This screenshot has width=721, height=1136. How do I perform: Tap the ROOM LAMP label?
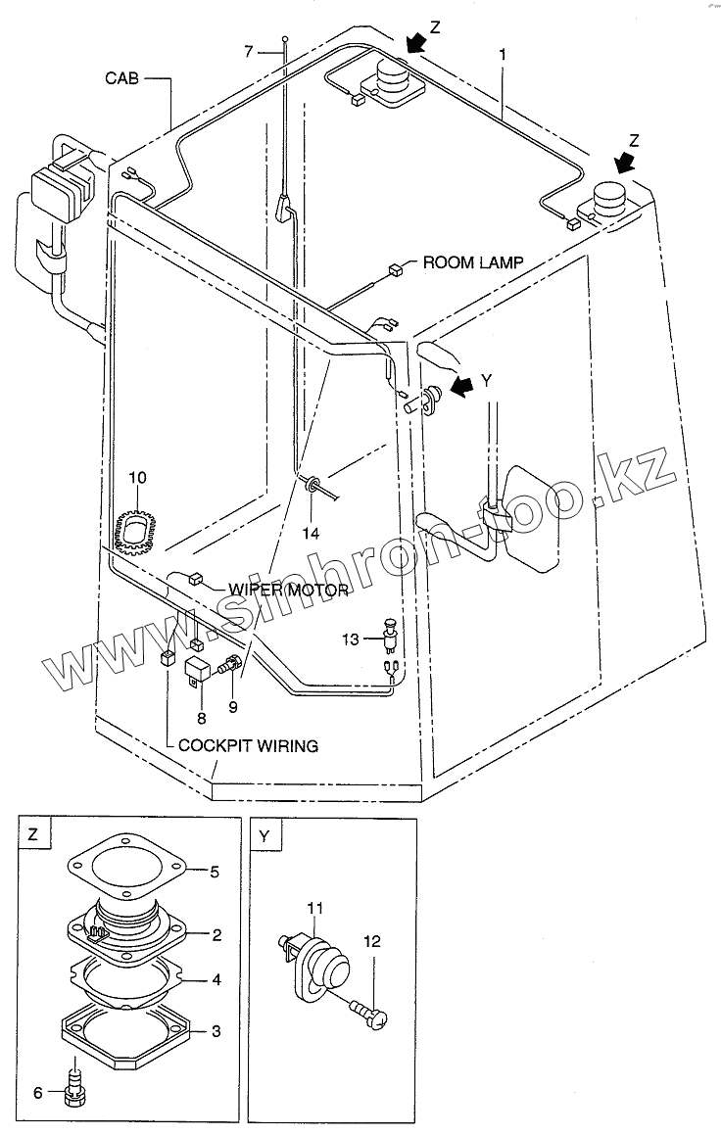click(472, 262)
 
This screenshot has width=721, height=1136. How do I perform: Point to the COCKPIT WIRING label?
click(248, 745)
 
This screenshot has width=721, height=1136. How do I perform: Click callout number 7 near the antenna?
click(249, 50)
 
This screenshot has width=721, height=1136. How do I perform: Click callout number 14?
click(311, 534)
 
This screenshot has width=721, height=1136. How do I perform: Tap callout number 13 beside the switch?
click(351, 639)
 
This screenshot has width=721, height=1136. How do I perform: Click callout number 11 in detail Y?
click(314, 911)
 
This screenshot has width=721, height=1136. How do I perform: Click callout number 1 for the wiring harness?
click(503, 56)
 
